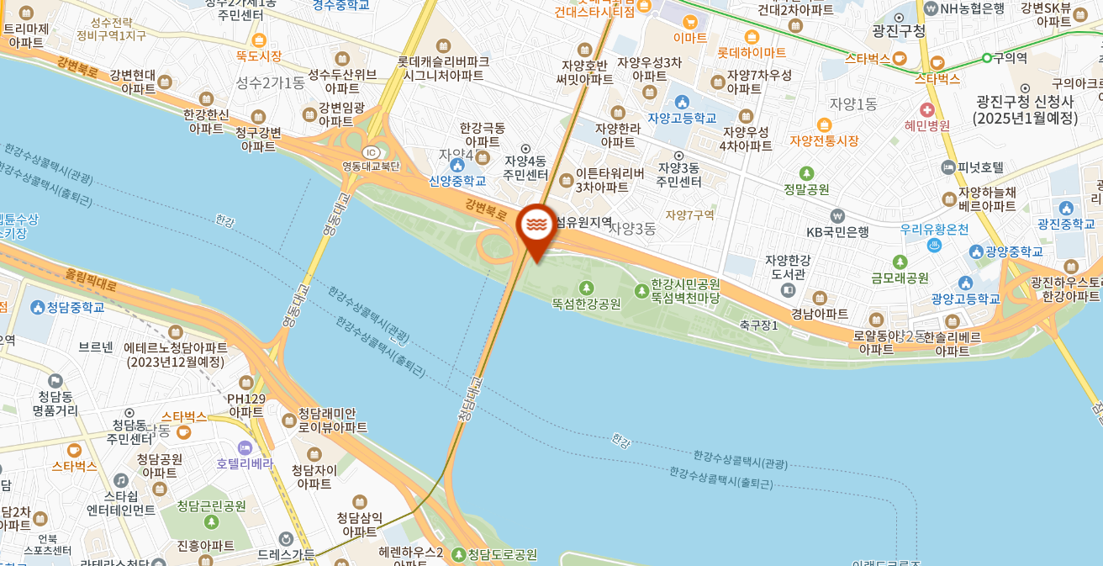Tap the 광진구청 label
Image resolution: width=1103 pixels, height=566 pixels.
coord(899,31)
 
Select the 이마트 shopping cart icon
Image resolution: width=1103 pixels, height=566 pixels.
coord(690,23)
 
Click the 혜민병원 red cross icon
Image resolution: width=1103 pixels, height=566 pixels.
coord(926,110)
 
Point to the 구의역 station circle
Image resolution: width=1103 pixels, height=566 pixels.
coord(986,58)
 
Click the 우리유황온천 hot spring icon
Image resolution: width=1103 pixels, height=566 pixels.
coord(933,245)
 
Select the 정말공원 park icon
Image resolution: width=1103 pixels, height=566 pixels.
coord(806,173)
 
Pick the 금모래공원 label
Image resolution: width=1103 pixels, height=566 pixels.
coord(900,278)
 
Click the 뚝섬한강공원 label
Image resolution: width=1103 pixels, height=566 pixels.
coord(586,304)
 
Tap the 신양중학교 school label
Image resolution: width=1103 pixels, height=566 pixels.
coord(457,180)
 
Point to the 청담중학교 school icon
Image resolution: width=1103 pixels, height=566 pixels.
coord(36,307)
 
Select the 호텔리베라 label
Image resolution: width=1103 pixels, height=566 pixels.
coord(245,463)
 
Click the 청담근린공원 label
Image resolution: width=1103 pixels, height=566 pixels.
coord(211,505)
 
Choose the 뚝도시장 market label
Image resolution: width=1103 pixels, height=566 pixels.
coord(259,56)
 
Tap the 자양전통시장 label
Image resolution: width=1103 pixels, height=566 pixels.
coord(824,140)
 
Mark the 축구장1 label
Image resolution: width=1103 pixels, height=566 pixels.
coord(758,325)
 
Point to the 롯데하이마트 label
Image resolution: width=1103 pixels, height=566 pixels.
coord(752,52)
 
